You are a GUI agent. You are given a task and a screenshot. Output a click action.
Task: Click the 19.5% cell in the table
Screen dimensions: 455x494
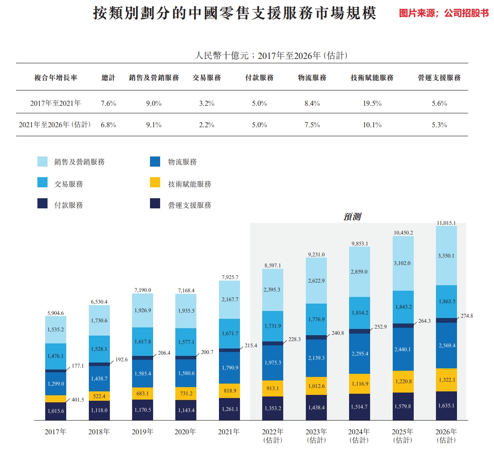click(x=372, y=103)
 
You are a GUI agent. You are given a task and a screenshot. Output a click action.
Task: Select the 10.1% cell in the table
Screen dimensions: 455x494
click(x=372, y=125)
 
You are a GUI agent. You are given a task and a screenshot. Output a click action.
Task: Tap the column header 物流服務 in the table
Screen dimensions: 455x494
click(x=312, y=78)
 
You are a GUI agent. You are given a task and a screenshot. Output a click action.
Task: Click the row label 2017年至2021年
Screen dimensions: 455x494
click(x=55, y=103)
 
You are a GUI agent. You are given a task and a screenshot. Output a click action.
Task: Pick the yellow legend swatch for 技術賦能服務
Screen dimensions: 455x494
click(x=155, y=182)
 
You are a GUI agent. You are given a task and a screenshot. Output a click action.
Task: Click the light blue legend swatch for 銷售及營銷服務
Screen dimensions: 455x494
click(x=42, y=162)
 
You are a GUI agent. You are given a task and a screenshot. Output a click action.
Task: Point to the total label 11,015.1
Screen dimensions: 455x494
click(x=446, y=223)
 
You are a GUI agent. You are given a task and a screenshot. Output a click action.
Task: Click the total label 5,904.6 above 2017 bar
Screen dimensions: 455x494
click(x=55, y=313)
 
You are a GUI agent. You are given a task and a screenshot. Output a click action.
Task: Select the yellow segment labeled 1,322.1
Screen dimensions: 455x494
click(x=446, y=380)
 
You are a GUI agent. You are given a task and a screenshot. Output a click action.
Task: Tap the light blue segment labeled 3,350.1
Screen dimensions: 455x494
click(x=446, y=256)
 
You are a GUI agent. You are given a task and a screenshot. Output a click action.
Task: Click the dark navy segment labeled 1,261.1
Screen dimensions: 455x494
click(x=229, y=409)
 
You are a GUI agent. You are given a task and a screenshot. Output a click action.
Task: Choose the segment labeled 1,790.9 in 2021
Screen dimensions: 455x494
click(x=229, y=368)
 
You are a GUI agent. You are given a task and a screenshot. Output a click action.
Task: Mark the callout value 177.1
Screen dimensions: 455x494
click(x=78, y=366)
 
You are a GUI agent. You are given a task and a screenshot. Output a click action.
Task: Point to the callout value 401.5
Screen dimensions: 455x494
click(x=78, y=400)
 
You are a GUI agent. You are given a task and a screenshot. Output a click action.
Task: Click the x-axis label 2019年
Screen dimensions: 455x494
click(x=143, y=432)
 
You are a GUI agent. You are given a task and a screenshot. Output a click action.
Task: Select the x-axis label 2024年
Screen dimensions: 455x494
click(x=359, y=432)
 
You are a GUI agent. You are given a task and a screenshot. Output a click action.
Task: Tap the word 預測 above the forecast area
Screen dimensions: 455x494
click(x=352, y=217)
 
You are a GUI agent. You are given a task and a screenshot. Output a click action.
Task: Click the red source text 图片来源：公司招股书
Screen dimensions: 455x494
click(x=444, y=13)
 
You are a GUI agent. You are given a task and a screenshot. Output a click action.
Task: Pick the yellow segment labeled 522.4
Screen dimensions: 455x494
click(x=99, y=396)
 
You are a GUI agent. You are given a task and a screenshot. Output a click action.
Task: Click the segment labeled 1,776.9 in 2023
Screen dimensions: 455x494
click(x=316, y=319)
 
